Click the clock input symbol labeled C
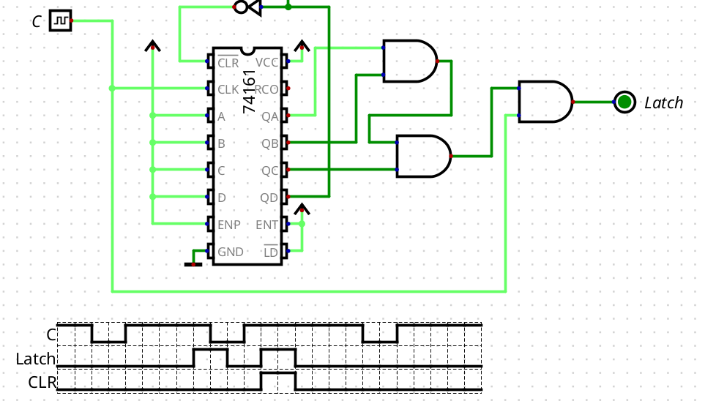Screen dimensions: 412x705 pyautogui.click(x=60, y=20)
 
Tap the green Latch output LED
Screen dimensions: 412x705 pyautogui.click(x=624, y=102)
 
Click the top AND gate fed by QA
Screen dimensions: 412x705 pyautogui.click(x=409, y=61)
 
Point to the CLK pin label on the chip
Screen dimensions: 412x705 pyautogui.click(x=228, y=89)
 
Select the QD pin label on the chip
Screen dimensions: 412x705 pyautogui.click(x=269, y=198)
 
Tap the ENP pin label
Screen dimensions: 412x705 pyautogui.click(x=229, y=225)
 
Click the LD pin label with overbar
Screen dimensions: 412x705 pyautogui.click(x=270, y=252)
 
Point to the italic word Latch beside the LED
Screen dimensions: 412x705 pyautogui.click(x=663, y=102)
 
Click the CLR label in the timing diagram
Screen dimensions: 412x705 pyautogui.click(x=42, y=382)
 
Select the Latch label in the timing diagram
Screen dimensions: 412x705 pyautogui.click(x=36, y=359)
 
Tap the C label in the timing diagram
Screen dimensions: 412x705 pyautogui.click(x=51, y=334)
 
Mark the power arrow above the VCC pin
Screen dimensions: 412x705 pyautogui.click(x=301, y=46)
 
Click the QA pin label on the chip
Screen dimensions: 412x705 pyautogui.click(x=269, y=116)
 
